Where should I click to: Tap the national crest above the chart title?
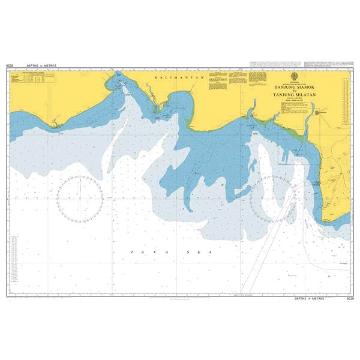[x=292, y=76]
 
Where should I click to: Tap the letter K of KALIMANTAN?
[x=155, y=79]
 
